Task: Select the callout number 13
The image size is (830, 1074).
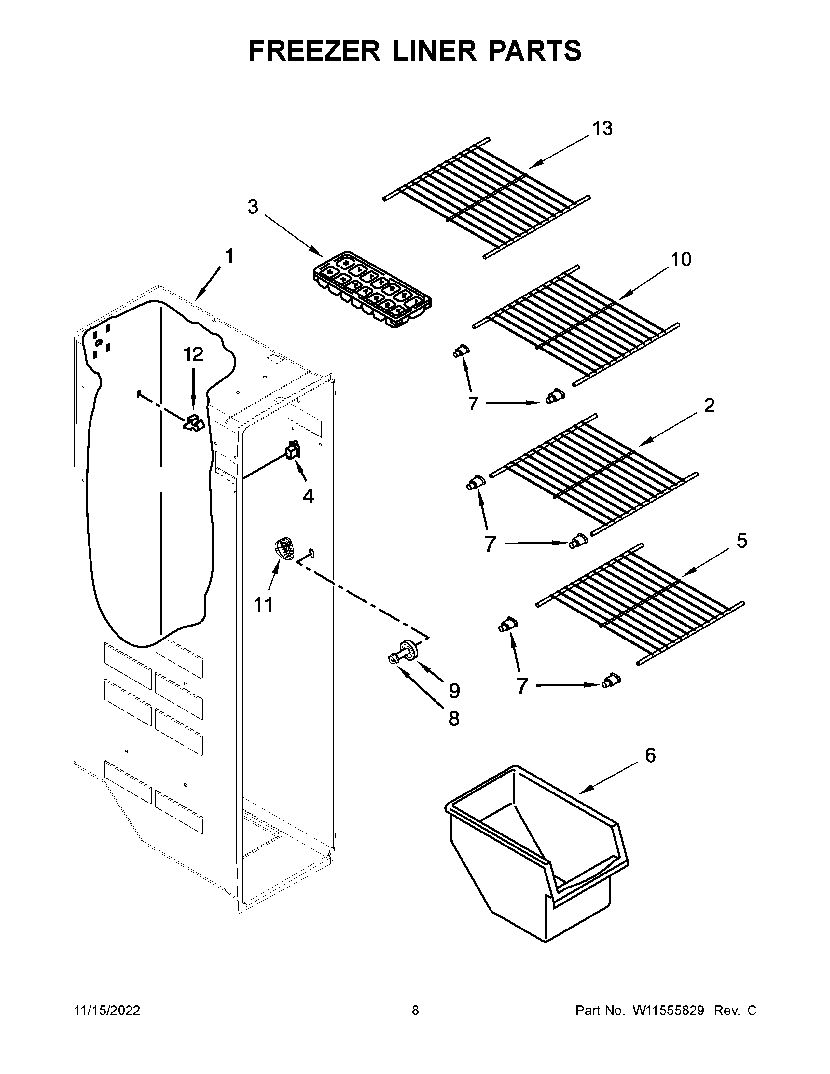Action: pyautogui.click(x=602, y=129)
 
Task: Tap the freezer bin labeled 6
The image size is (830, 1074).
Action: pyautogui.click(x=536, y=856)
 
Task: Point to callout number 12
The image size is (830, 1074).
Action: pyautogui.click(x=194, y=354)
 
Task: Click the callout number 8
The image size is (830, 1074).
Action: pyautogui.click(x=453, y=719)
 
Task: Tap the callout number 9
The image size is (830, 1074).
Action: pyautogui.click(x=454, y=691)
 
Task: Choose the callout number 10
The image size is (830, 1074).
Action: pyautogui.click(x=681, y=259)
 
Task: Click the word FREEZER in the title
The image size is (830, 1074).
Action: pyautogui.click(x=315, y=51)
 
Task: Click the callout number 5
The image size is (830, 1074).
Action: pyautogui.click(x=741, y=541)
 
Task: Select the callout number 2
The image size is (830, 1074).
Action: pyautogui.click(x=709, y=406)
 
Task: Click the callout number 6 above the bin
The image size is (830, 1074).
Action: pyautogui.click(x=650, y=755)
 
